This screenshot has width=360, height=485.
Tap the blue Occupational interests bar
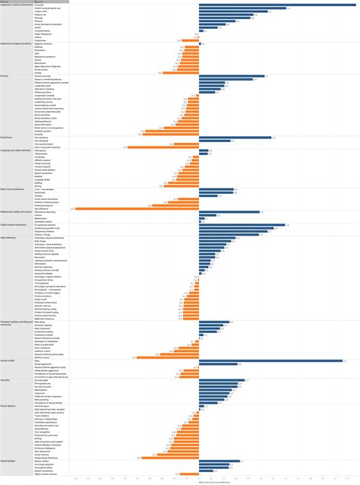(x=242, y=225)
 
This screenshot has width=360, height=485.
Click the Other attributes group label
(x=15, y=236)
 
